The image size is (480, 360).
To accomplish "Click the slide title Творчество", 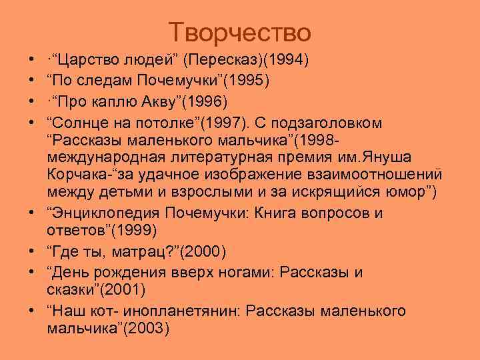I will coord(239,31).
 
